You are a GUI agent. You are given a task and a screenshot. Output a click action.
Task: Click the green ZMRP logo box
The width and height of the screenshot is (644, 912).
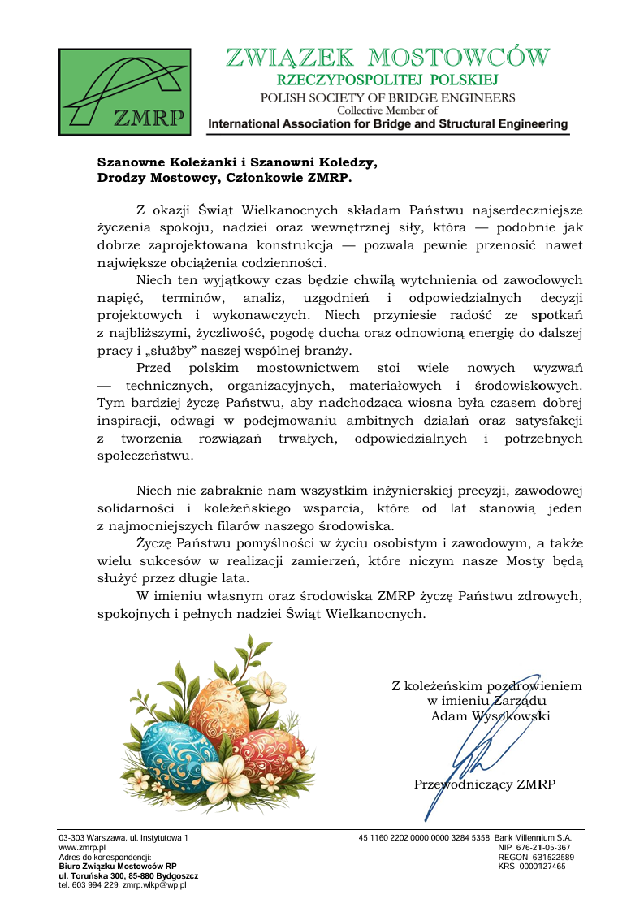[x=124, y=91]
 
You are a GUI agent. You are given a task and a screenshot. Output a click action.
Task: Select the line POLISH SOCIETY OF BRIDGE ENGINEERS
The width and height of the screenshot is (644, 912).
[x=387, y=97]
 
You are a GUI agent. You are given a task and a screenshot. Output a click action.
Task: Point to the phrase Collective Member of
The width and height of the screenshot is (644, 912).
[x=387, y=110]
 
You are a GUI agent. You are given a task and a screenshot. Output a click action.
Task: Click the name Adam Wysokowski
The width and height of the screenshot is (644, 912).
[x=491, y=716]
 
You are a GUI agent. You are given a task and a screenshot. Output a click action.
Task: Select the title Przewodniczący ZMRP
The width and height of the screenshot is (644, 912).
[x=485, y=784]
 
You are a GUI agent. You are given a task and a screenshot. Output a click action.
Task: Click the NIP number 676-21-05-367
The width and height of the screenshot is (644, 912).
[x=546, y=847]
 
